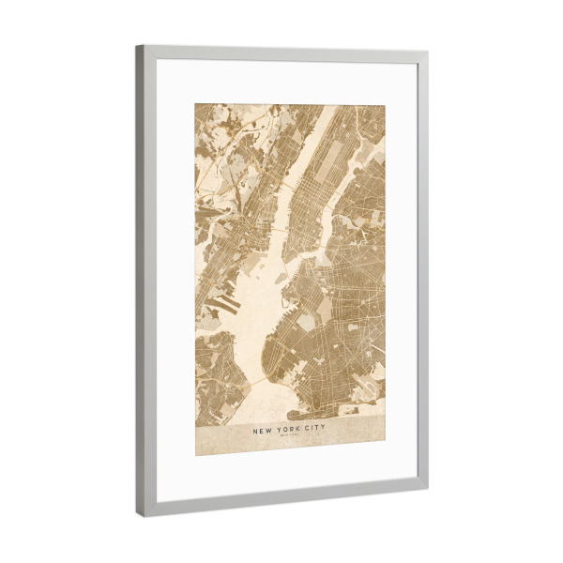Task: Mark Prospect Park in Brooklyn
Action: pos(325,310)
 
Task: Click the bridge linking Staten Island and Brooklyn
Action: pos(251,385)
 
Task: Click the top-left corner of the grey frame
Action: pos(138,48)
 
